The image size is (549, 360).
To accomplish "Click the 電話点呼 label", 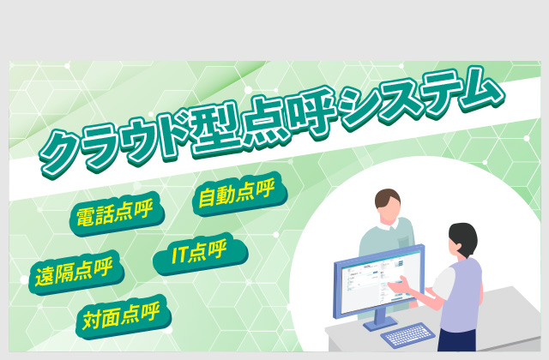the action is tap(117, 213).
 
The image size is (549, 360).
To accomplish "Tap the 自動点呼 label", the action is tap(240, 194).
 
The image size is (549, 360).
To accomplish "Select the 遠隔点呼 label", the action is tap(76, 273).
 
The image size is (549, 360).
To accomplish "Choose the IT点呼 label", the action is tap(200, 254).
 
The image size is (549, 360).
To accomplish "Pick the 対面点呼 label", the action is tap(123, 316).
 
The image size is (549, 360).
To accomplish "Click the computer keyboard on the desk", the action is tap(407, 335).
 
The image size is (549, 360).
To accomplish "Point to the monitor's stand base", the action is tap(379, 324).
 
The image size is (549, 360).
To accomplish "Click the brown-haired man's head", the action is tap(389, 206).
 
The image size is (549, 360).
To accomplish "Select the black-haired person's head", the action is tap(463, 240).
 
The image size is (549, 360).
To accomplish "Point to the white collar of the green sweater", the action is tap(389, 225).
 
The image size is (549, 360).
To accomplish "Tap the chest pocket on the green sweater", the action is tap(403, 242).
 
